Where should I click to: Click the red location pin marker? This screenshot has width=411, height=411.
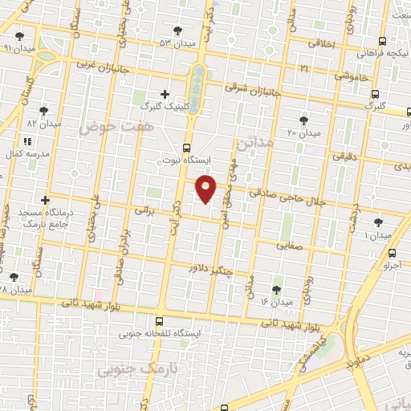click(x=206, y=188)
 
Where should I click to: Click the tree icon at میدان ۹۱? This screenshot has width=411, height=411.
click(x=18, y=36)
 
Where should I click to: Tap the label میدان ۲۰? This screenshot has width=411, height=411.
click(x=304, y=132)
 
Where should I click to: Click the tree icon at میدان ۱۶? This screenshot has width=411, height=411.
click(x=277, y=289)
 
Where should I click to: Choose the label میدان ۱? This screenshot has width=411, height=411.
click(x=377, y=236)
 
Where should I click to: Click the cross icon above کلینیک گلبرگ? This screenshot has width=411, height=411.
click(x=165, y=94)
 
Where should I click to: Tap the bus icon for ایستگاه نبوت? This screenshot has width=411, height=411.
click(x=187, y=147)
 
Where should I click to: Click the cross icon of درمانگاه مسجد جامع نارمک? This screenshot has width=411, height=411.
click(x=45, y=200)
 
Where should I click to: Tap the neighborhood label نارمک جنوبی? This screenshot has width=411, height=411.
click(x=128, y=371)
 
